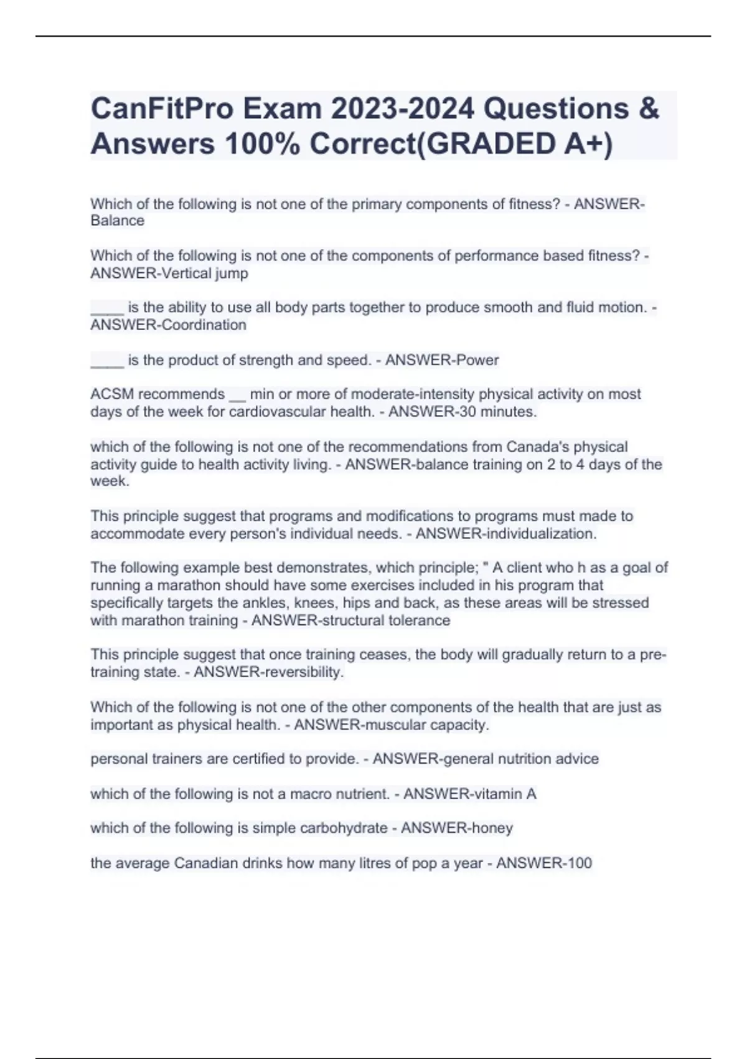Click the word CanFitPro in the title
[x=161, y=109]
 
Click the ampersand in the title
[x=649, y=109]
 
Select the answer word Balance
[x=117, y=221]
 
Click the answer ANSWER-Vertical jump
[x=169, y=273]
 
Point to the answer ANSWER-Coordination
[x=168, y=325]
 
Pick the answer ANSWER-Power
[x=442, y=359]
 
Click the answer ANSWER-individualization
[x=506, y=533]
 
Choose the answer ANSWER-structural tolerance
[x=350, y=620]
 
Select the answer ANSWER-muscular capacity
[x=392, y=724]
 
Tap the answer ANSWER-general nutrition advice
[x=486, y=759]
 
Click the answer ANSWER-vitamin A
[x=470, y=794]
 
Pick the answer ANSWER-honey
[x=457, y=828]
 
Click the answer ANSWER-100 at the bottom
[x=544, y=863]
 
